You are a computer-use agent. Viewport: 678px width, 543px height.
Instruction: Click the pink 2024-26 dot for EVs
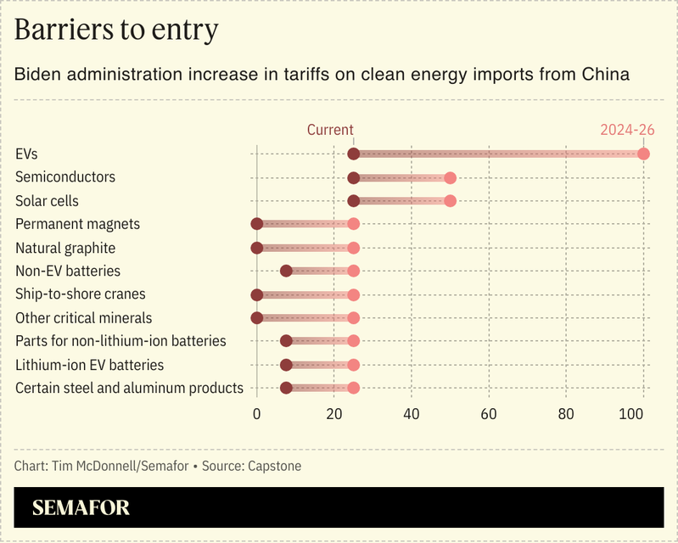[643, 154]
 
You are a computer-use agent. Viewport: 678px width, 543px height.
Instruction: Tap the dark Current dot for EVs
[354, 154]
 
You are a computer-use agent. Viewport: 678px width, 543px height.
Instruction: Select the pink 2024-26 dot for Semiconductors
[451, 178]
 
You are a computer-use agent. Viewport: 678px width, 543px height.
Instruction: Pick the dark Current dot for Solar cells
[354, 201]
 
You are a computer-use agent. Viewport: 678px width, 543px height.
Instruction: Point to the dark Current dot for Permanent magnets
[257, 224]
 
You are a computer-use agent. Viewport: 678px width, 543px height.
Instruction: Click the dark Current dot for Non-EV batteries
[286, 271]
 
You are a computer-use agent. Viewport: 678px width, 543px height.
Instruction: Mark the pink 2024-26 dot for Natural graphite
[354, 248]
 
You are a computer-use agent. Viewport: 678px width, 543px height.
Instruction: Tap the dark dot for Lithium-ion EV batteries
[286, 365]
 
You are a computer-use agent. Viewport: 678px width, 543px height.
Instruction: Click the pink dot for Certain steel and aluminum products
[354, 388]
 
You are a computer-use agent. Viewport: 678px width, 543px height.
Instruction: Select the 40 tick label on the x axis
[412, 415]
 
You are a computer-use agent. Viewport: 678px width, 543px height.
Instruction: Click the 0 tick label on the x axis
[257, 415]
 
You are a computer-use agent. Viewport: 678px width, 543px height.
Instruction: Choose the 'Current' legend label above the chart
[330, 130]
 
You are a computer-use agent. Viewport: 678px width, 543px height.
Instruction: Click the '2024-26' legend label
[627, 130]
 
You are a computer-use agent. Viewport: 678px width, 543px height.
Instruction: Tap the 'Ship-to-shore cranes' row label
[81, 294]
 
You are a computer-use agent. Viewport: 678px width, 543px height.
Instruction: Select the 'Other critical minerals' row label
[84, 318]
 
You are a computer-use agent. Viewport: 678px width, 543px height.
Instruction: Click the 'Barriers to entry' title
[116, 30]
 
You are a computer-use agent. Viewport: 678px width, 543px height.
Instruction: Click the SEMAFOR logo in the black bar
[81, 508]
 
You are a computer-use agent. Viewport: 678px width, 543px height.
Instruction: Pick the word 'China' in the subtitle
[605, 75]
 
